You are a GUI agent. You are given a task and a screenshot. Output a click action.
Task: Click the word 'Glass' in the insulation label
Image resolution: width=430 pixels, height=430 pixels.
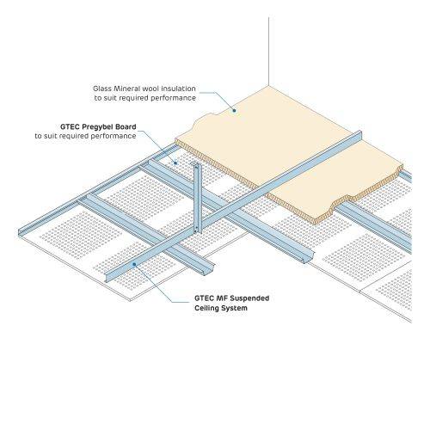point(102,89)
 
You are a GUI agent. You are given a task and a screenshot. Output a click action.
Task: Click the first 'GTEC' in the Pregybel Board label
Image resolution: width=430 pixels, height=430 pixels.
point(70,126)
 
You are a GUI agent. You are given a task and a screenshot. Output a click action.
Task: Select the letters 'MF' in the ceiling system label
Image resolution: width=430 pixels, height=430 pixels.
point(223,298)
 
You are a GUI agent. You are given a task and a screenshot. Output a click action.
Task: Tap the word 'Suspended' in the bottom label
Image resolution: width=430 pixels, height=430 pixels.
point(249,298)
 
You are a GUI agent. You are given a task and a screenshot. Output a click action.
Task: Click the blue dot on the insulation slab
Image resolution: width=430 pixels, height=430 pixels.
point(234,110)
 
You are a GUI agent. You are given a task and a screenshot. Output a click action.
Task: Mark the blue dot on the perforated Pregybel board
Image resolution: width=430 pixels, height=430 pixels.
point(175,163)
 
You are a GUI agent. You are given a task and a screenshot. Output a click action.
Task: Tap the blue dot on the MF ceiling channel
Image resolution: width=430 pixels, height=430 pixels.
point(134,264)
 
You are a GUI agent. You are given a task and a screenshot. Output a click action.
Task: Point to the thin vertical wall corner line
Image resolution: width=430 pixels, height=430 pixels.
point(268,52)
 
